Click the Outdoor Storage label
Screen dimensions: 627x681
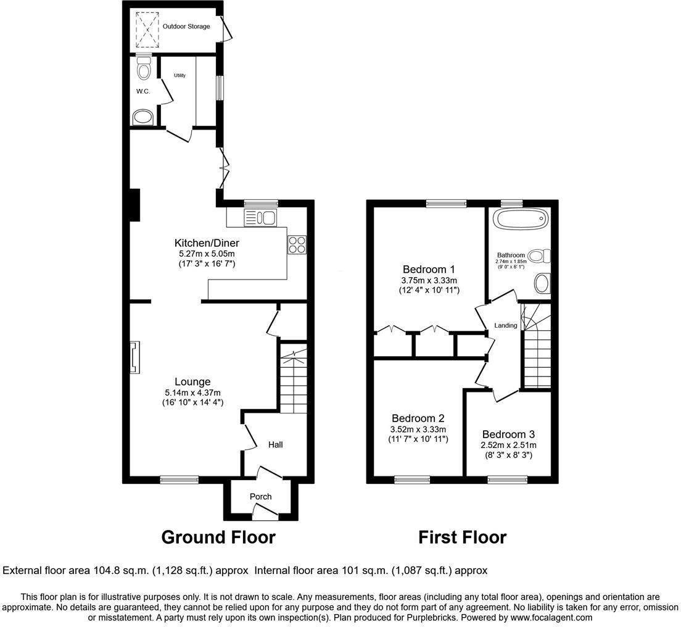[186, 27]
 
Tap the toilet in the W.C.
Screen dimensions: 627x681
[144, 69]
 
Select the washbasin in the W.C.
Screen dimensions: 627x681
[144, 117]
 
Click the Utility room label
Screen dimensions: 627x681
[180, 75]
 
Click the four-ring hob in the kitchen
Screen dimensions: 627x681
[297, 244]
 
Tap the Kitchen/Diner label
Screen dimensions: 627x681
[207, 243]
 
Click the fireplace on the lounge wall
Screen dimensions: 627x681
[135, 358]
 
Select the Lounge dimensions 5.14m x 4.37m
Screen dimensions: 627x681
[192, 392]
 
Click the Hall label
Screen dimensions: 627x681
[275, 444]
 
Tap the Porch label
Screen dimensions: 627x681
[260, 496]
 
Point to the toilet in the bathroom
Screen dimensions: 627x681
[539, 255]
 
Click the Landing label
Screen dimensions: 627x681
[506, 325]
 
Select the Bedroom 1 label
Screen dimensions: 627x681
[429, 269]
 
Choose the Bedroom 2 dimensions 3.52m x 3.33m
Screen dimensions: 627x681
[418, 430]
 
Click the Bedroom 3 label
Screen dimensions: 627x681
[508, 434]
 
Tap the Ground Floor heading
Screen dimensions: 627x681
[218, 537]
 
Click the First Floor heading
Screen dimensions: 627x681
[463, 537]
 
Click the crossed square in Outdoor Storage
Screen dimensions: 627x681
[147, 29]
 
